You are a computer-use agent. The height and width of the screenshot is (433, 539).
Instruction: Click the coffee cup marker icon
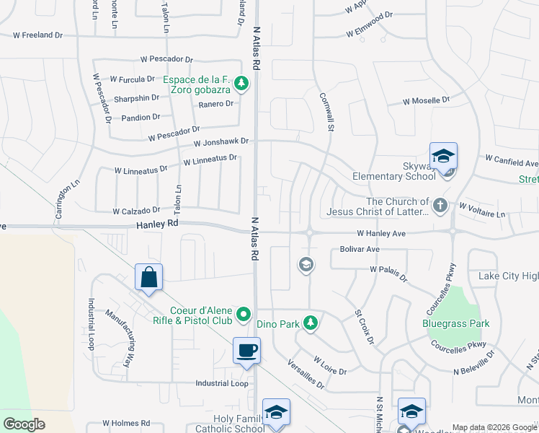click(x=246, y=351)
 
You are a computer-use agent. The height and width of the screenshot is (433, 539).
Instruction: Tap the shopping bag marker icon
click(x=148, y=277)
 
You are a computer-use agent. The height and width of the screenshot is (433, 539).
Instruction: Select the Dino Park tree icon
click(x=311, y=323)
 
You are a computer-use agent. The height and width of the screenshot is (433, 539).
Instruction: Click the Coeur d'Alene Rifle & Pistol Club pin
click(x=244, y=314)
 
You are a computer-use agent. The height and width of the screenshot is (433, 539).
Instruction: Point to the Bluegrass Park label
click(x=455, y=323)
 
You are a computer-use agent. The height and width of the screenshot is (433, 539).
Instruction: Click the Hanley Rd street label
click(x=157, y=225)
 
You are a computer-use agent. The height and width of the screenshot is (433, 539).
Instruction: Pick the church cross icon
click(x=440, y=206)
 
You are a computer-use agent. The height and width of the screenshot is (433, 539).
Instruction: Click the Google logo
click(x=24, y=424)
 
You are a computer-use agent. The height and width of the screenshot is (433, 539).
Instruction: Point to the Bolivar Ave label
click(x=360, y=249)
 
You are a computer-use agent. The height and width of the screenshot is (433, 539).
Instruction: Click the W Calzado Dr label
click(x=136, y=211)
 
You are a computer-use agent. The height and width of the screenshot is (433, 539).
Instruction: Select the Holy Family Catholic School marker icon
click(x=276, y=412)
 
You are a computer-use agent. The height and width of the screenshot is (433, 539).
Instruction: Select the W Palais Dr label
click(x=388, y=273)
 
